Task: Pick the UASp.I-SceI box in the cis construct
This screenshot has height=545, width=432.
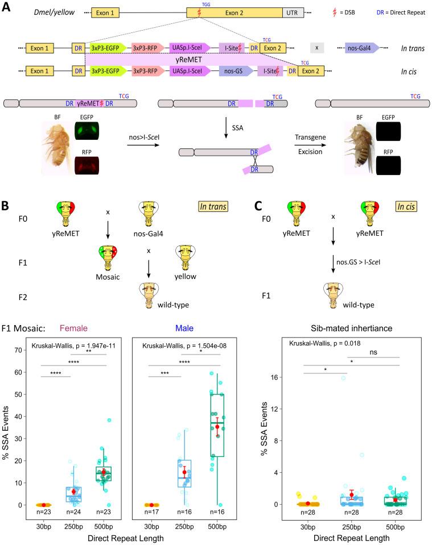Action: point(190,72)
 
